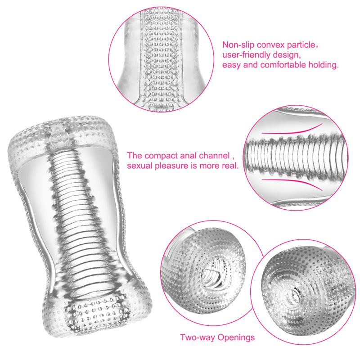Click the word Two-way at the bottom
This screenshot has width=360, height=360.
(x=195, y=336)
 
